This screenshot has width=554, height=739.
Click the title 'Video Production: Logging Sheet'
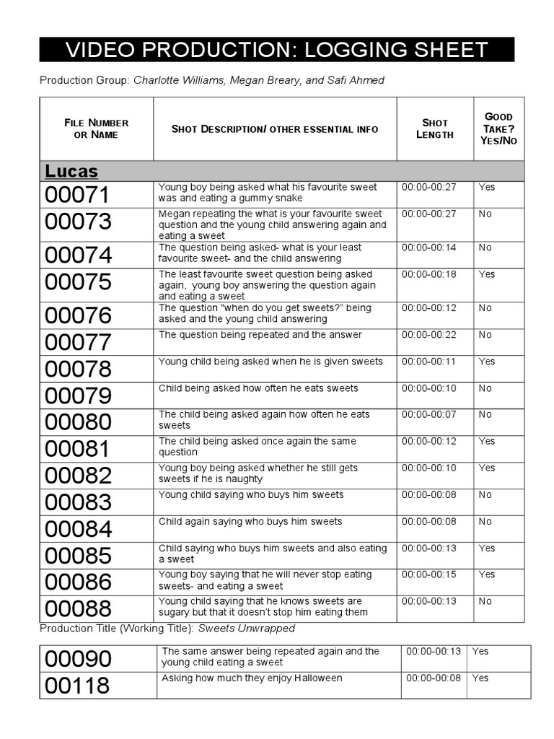coord(276,50)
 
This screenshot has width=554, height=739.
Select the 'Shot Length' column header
coord(435,128)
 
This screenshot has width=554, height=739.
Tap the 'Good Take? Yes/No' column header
coord(498,128)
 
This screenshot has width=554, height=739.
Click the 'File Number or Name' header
coord(96,128)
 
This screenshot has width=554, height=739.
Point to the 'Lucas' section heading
coord(71,171)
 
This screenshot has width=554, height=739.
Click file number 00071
coord(78,195)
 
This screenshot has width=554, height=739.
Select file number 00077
coord(78,342)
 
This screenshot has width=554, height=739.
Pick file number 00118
coord(78,686)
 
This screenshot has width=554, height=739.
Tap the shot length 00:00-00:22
coord(429,335)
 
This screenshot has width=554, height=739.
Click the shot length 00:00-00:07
coord(429,415)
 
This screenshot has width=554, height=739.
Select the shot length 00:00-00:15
coord(429,574)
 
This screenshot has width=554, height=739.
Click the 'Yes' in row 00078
coord(487,362)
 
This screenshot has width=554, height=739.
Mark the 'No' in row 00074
coord(485,248)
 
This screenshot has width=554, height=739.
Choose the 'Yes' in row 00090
coord(480,651)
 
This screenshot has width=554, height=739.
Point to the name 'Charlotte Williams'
coord(178,80)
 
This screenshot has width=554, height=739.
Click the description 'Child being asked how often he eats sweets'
coord(258,388)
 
